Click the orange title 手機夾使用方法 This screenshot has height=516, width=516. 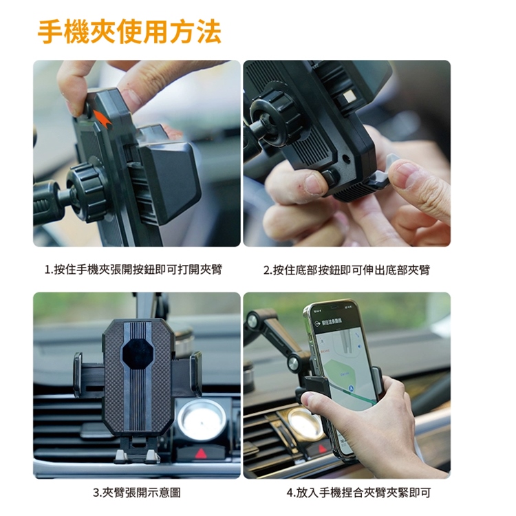pyautogui.click(x=129, y=32)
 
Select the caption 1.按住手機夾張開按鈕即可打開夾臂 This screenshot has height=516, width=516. pyautogui.click(x=133, y=270)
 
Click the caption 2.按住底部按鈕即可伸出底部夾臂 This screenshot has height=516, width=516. pyautogui.click(x=347, y=270)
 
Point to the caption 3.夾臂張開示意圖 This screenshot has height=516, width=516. pyautogui.click(x=137, y=493)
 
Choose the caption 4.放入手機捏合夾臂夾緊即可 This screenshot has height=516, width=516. pyautogui.click(x=358, y=493)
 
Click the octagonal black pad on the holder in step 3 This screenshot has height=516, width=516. pyautogui.click(x=138, y=354)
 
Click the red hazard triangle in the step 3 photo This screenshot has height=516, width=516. pyautogui.click(x=201, y=454)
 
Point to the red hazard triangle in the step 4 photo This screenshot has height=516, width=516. pyautogui.click(x=322, y=448)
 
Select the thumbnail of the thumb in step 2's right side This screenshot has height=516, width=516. pyautogui.click(x=407, y=172)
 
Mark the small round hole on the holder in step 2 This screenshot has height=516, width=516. pyautogui.click(x=346, y=159)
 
